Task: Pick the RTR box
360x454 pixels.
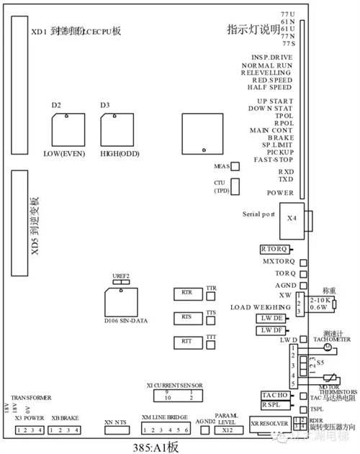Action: [187, 294]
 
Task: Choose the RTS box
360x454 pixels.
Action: [187, 317]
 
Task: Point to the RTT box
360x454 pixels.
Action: [187, 341]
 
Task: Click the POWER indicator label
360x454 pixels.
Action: [279, 193]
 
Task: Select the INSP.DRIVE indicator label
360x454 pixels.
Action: [272, 56]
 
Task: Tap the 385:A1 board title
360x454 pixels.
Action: [153, 446]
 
